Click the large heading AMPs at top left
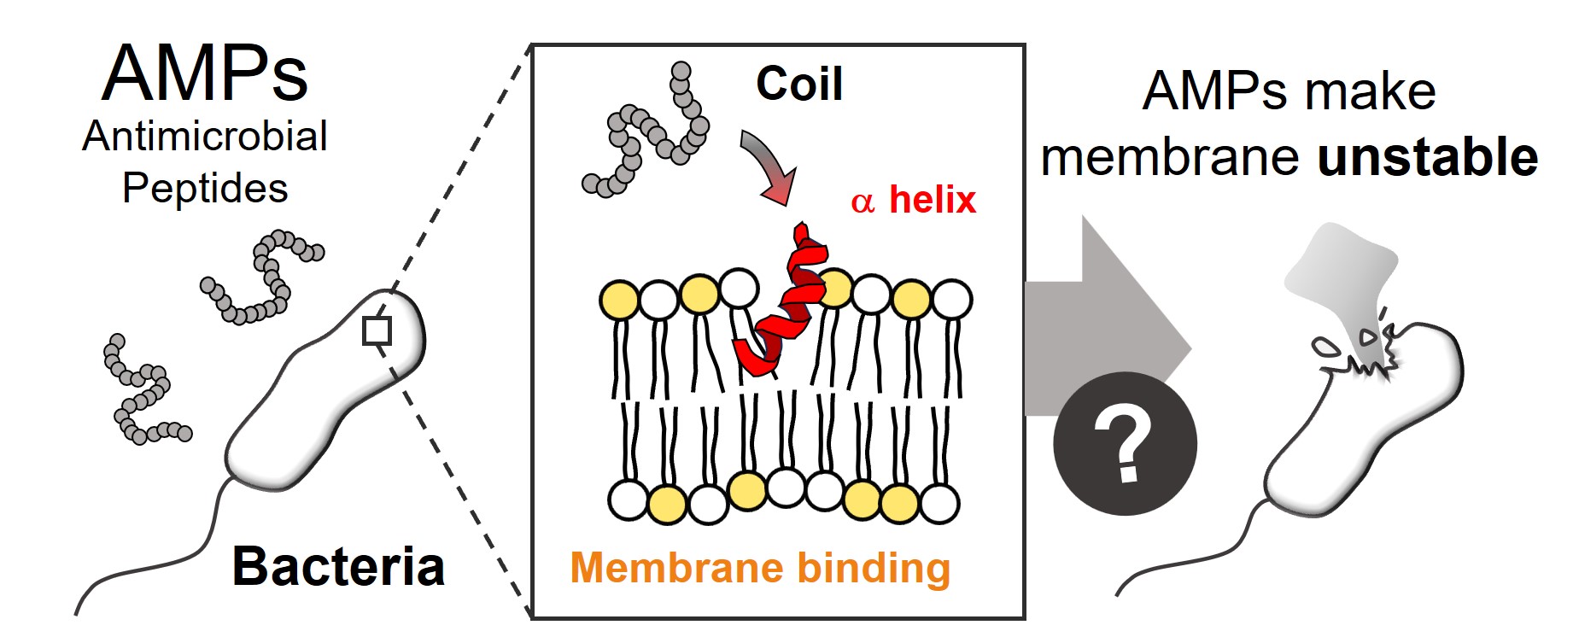click(x=205, y=74)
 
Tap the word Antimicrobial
click(x=205, y=137)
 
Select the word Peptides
click(x=205, y=188)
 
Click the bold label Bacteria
click(x=338, y=566)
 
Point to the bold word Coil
click(x=799, y=84)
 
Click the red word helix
click(x=933, y=200)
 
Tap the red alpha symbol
click(x=863, y=202)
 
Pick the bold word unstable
click(x=1427, y=158)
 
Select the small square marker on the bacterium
click(x=377, y=330)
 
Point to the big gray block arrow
click(x=1110, y=324)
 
